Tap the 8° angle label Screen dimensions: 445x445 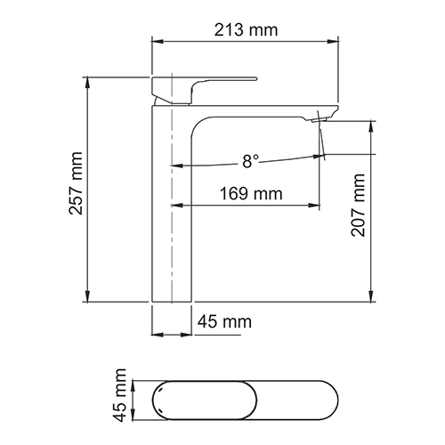point(250,161)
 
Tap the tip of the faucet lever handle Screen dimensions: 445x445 point(254,79)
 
